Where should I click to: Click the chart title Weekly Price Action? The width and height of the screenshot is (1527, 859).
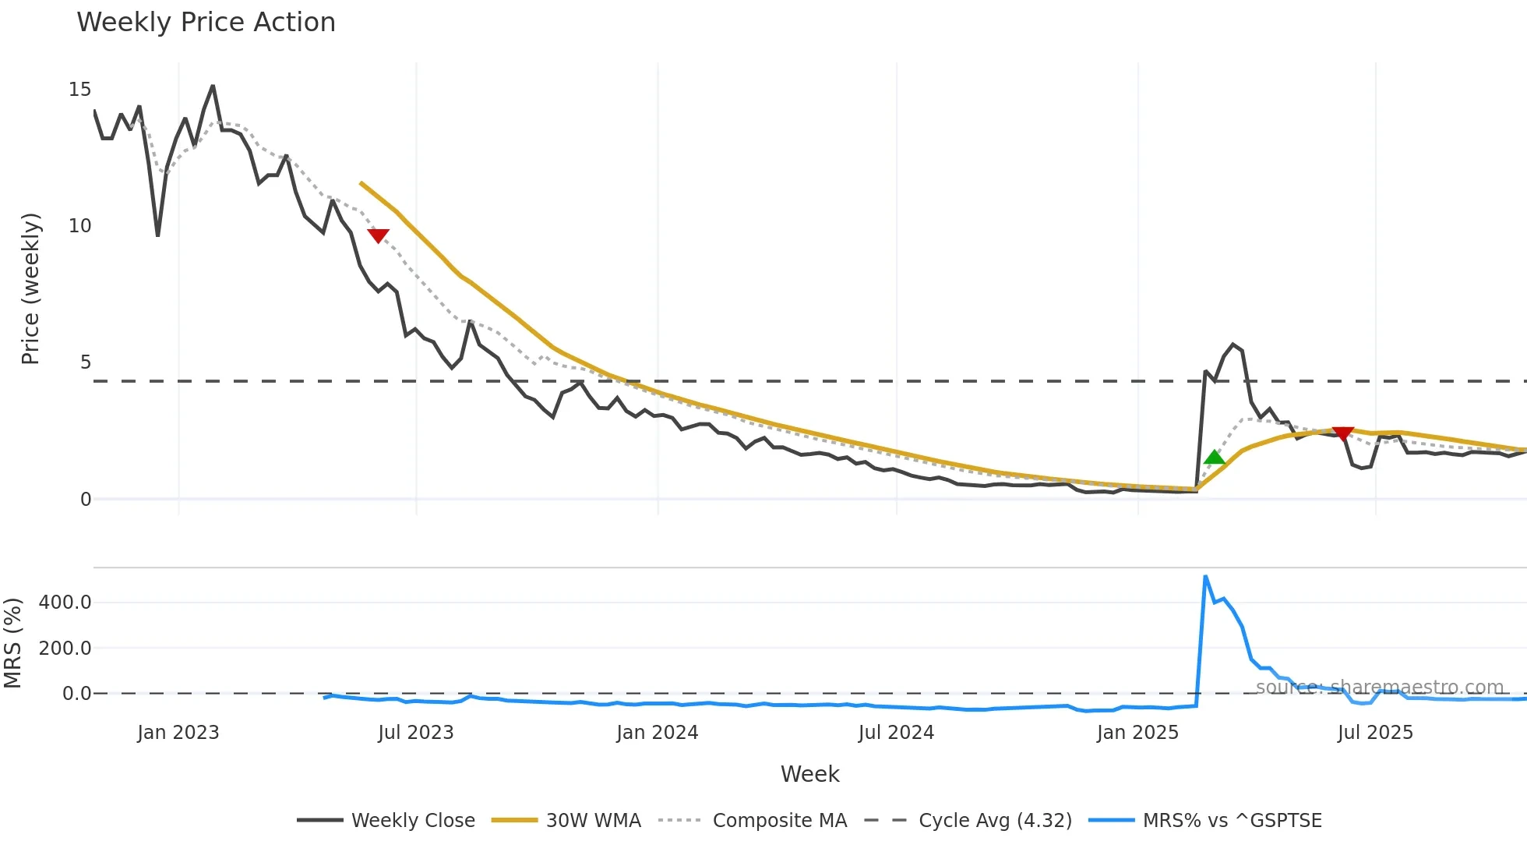point(206,23)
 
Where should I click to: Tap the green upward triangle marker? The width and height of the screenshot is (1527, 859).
point(1214,458)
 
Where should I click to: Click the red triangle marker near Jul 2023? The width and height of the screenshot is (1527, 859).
point(378,235)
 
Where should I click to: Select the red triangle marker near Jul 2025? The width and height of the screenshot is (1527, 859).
point(1342,433)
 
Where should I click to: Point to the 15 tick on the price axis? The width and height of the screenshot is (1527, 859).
point(79,90)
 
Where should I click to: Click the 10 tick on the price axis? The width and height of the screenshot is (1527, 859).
point(79,226)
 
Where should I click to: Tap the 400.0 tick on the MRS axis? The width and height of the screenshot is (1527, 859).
point(65,603)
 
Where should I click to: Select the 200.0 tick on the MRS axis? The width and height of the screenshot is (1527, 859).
point(65,648)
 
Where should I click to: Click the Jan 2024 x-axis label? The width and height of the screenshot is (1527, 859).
point(657,733)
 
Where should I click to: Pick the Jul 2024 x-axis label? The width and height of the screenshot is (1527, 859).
point(896,733)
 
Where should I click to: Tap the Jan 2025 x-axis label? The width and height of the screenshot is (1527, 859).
point(1137,733)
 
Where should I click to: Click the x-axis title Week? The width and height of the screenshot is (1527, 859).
point(809,774)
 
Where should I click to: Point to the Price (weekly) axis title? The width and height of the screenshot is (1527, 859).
point(30,288)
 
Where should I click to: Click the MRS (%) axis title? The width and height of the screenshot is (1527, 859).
point(12,643)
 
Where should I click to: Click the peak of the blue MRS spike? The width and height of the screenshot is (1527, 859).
point(1205,577)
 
